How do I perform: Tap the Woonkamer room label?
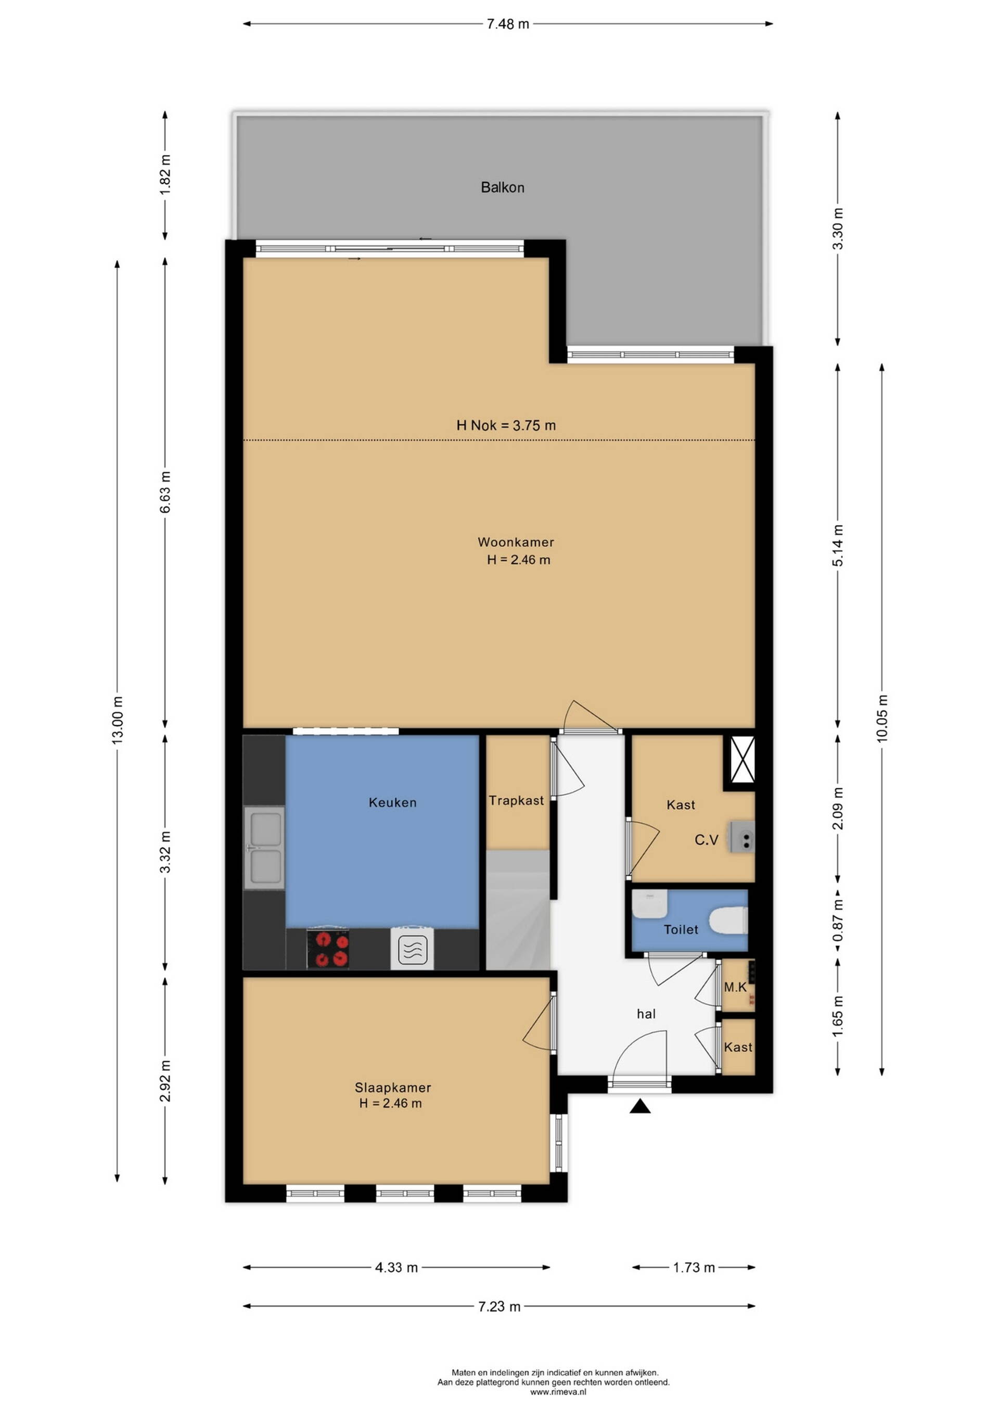coord(516,542)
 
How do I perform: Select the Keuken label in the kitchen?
coord(392,802)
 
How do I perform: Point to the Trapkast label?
coord(516,801)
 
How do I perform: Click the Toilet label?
coord(681,929)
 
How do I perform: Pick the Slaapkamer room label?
coord(392,1088)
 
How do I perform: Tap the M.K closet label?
coord(735,988)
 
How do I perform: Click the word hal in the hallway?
coord(646,1014)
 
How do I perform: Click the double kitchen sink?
coord(264,848)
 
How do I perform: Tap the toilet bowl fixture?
coord(728,922)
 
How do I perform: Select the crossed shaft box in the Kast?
coord(741,760)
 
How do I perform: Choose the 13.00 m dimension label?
coord(118,720)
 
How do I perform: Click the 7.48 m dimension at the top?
coord(507,24)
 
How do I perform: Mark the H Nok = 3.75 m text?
coord(506,425)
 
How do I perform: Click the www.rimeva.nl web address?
coord(558,1392)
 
